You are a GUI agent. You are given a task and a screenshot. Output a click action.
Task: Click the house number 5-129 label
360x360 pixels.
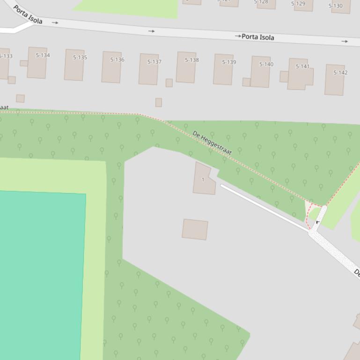click(x=298, y=4)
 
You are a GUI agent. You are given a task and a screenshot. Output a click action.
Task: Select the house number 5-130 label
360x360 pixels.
click(x=336, y=6)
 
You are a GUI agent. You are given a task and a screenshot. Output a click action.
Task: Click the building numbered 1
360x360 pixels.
click(x=203, y=180)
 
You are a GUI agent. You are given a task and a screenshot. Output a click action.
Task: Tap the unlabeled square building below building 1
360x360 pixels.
click(x=195, y=230)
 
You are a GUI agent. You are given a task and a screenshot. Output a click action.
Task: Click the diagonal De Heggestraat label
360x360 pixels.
click(x=212, y=143)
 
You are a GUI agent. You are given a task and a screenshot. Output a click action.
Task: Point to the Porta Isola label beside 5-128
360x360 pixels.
click(x=258, y=37)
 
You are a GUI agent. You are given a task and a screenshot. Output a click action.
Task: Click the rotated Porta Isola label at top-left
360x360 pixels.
click(x=28, y=14)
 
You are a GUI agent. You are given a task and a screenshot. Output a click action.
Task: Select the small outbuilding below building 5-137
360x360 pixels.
click(x=159, y=102)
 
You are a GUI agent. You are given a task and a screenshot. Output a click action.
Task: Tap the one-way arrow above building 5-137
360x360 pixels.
click(x=151, y=31)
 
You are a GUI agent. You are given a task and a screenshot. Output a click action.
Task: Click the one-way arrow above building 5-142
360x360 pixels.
click(x=345, y=42)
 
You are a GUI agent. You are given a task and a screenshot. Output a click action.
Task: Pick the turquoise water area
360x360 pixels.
click(x=40, y=276)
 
